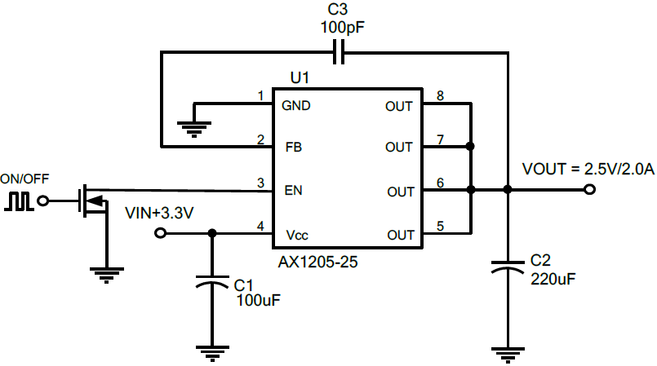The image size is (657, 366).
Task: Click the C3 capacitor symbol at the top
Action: pyautogui.click(x=339, y=54)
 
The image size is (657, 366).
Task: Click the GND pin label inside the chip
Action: pyautogui.click(x=295, y=105)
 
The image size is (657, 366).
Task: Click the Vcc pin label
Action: pyautogui.click(x=296, y=235)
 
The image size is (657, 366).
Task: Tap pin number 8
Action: pyautogui.click(x=440, y=96)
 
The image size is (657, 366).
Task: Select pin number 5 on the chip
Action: pyautogui.click(x=440, y=227)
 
